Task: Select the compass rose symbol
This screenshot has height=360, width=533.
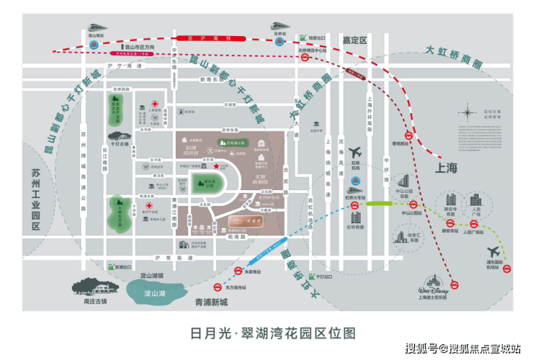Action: coord(470,113)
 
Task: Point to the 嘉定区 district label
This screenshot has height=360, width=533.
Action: coord(354,40)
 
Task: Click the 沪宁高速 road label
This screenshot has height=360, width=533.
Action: coord(127,66)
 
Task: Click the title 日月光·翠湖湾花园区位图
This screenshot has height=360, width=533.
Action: coord(266,333)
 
